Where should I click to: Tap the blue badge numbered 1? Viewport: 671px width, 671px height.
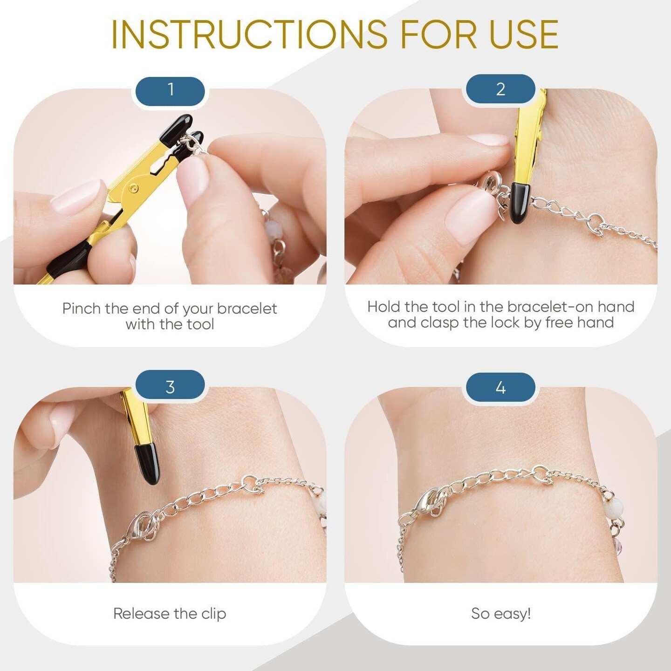click(x=170, y=89)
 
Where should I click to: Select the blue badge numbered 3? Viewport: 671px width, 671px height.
click(x=170, y=387)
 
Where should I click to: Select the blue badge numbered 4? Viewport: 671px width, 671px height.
click(x=500, y=388)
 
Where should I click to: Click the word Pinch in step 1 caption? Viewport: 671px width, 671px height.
click(x=82, y=308)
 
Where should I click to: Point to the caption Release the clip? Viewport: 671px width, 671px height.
click(x=170, y=613)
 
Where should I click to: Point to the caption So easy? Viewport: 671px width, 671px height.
click(x=501, y=613)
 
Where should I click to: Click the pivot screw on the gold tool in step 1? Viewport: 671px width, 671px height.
click(x=135, y=188)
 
